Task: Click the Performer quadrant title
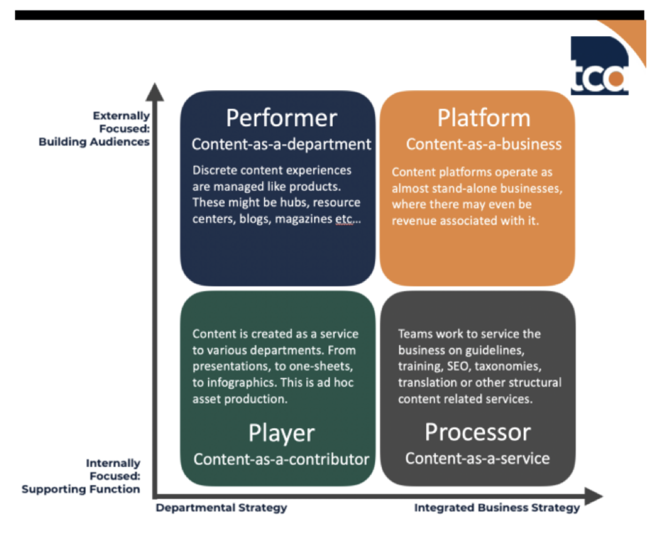click(281, 118)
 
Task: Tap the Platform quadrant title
click(484, 118)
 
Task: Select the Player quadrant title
click(281, 433)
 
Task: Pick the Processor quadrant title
click(478, 432)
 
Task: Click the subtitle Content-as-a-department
click(281, 144)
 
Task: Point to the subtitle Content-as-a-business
click(484, 144)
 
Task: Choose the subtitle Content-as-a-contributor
click(281, 459)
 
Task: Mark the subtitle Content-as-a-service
click(477, 458)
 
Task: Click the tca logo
click(600, 66)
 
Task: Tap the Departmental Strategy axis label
click(221, 508)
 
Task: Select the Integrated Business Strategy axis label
click(497, 508)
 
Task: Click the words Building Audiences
click(94, 142)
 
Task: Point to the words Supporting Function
click(81, 489)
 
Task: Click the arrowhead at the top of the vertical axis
click(155, 92)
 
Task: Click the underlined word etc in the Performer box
click(344, 219)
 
